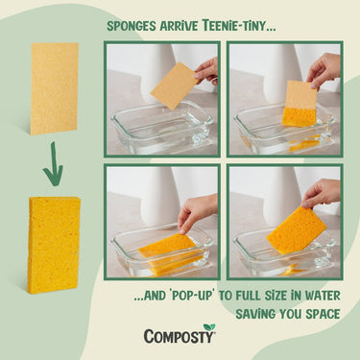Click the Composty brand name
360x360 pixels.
178,337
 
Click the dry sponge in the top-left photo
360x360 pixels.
173,86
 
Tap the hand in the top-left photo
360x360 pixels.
206,69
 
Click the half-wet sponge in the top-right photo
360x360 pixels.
300,103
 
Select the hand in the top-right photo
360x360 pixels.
324,67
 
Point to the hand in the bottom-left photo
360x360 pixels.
197,211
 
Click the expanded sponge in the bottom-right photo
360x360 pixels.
297,229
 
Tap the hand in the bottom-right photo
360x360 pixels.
323,193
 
